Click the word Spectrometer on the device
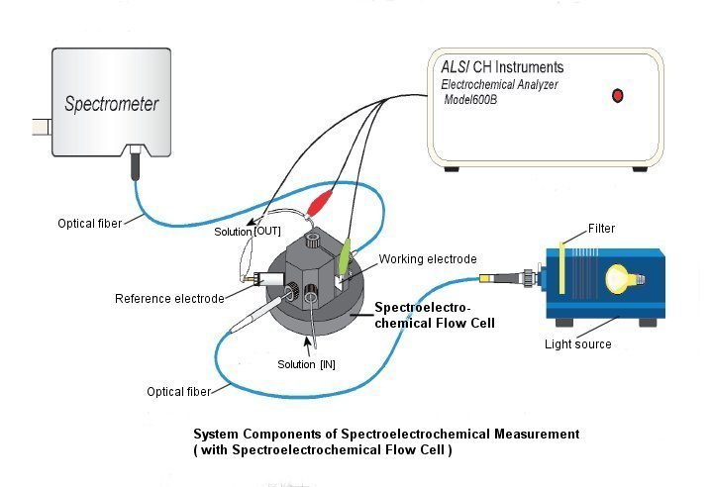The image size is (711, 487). point(111,103)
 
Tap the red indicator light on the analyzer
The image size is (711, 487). point(619,96)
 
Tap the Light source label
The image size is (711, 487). point(578,344)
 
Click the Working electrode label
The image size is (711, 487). point(428,259)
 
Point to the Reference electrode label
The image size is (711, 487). point(169,299)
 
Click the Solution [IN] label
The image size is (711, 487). point(306,364)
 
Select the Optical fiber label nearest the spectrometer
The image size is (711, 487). point(89,224)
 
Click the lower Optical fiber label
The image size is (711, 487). point(178,392)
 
